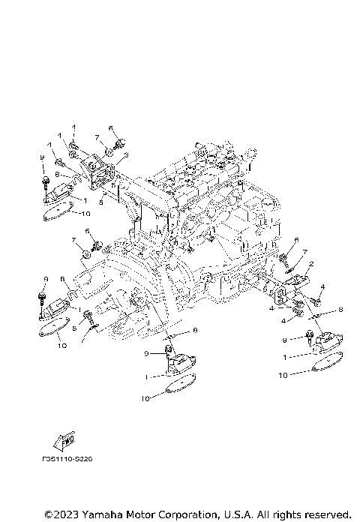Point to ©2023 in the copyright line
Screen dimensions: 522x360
61,514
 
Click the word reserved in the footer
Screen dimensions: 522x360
324,514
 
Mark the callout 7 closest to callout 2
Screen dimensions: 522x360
304,252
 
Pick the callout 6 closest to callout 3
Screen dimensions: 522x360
110,128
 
